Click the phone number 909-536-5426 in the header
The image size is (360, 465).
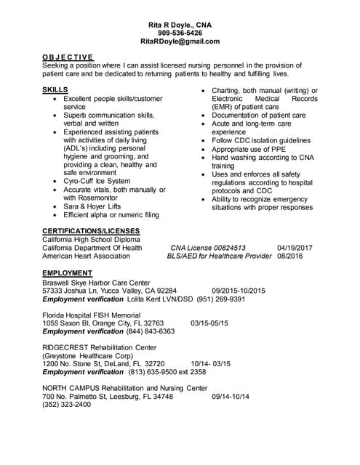click(180, 33)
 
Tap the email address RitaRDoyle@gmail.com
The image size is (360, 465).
click(180, 42)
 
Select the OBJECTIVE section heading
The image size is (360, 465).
click(67, 57)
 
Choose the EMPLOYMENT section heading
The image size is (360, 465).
click(68, 273)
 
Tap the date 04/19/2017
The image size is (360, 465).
click(295, 248)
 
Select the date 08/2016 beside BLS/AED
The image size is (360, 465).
click(289, 256)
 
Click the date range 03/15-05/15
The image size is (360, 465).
click(209, 323)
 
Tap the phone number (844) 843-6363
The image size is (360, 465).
click(151, 331)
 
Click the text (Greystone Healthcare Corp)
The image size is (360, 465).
click(88, 355)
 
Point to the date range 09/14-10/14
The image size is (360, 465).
click(231, 396)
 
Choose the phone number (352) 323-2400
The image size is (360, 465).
click(67, 405)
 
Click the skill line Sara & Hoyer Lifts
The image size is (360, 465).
click(92, 206)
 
